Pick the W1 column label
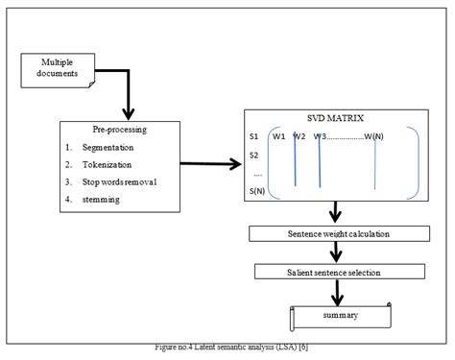click(x=279, y=135)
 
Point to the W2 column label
click(x=299, y=135)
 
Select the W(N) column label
click(x=376, y=135)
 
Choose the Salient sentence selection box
click(x=333, y=273)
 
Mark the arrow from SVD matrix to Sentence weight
click(x=336, y=213)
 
